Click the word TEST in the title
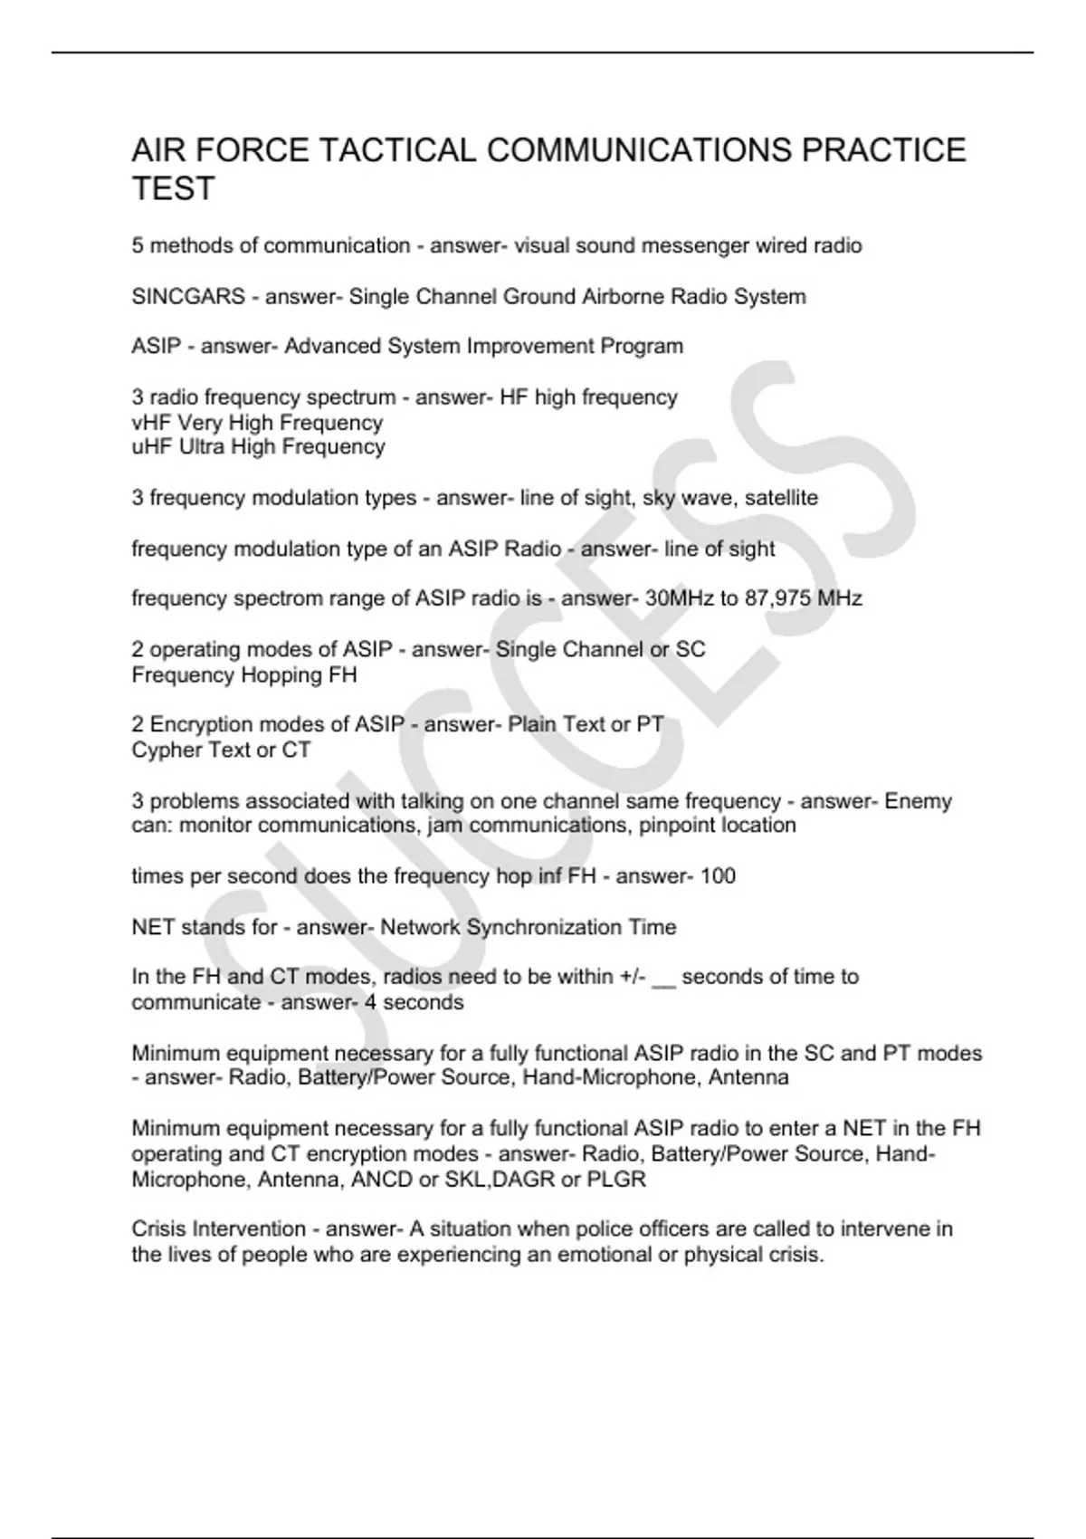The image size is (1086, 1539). (173, 189)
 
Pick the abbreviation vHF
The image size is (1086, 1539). (151, 423)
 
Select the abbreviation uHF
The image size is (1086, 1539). (151, 447)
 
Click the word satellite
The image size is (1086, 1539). (781, 498)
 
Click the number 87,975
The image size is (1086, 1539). (776, 598)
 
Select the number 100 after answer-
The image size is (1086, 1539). (718, 876)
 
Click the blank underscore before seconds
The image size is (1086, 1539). (663, 979)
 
